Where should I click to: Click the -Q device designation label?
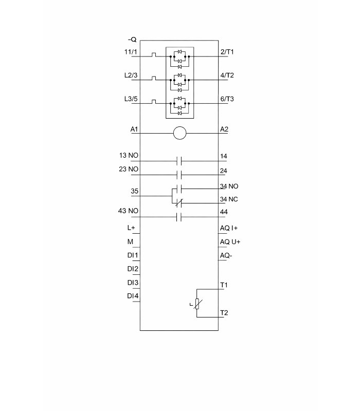click(x=132, y=40)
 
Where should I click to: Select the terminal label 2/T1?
click(x=227, y=52)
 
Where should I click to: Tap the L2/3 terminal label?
click(x=131, y=75)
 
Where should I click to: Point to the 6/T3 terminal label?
click(x=227, y=99)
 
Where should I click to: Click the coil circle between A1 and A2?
click(x=179, y=134)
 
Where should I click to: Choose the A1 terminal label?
click(x=134, y=129)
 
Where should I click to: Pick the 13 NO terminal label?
click(x=129, y=156)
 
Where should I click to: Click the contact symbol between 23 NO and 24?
click(x=179, y=175)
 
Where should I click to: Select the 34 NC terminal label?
click(x=229, y=199)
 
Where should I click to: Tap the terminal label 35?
click(x=135, y=192)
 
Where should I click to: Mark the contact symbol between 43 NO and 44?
click(x=179, y=217)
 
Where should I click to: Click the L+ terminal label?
click(x=131, y=228)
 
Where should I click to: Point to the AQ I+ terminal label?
click(x=229, y=228)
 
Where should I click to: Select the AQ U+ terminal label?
click(x=230, y=241)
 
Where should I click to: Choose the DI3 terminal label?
click(x=133, y=283)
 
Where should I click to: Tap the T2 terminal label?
click(x=224, y=312)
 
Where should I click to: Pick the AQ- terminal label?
click(x=226, y=255)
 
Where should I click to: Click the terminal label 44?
click(x=224, y=211)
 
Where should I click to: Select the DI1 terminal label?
click(x=133, y=255)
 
